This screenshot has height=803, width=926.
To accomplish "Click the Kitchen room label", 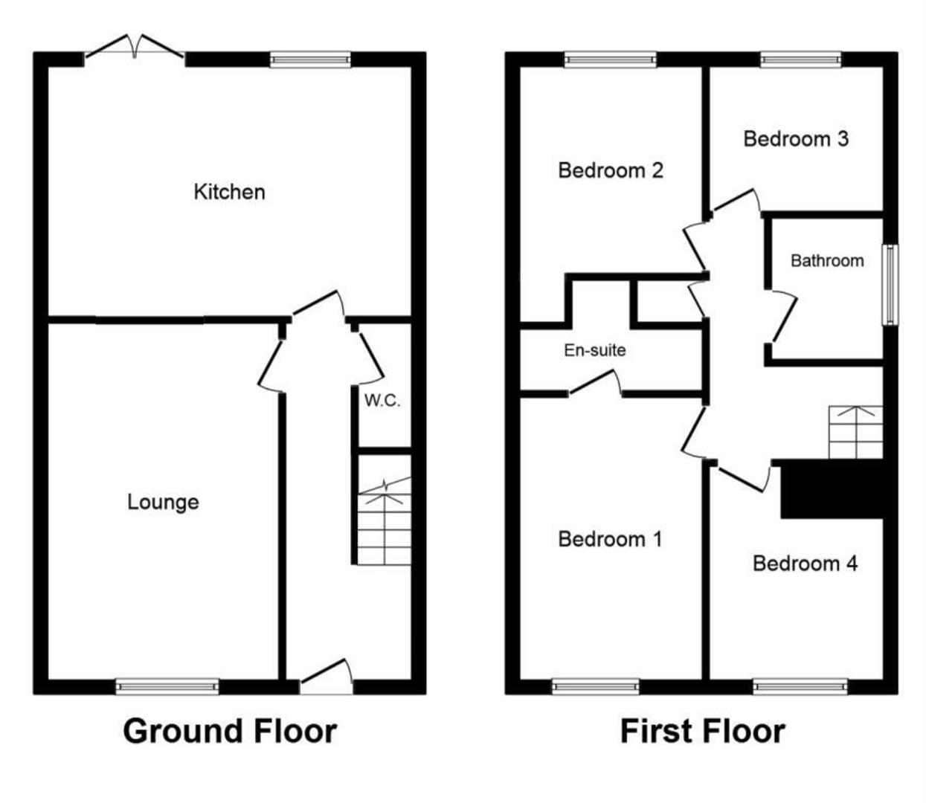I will tap(229, 192).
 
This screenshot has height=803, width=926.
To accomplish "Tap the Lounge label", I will tap(163, 502).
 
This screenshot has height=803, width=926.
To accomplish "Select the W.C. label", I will tap(382, 401).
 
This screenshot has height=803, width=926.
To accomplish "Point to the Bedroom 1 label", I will tap(610, 538).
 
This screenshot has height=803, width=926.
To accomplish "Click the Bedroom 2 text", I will tap(610, 170).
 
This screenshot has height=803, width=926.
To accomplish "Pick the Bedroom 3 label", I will tap(796, 138).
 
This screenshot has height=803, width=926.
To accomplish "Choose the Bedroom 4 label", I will tap(805, 563).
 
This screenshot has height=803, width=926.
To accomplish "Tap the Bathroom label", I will tap(827, 260).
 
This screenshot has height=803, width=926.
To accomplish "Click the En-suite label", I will tap(594, 349).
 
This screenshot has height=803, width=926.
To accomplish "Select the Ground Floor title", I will tap(230, 731).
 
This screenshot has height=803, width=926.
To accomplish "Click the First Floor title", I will tap(702, 731).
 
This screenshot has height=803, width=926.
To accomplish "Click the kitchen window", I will tap(310, 59).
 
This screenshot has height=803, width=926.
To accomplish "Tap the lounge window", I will tap(167, 686).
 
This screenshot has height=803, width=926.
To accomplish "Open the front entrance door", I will tap(326, 675).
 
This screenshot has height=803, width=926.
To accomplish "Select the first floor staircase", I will tap(855, 432).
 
